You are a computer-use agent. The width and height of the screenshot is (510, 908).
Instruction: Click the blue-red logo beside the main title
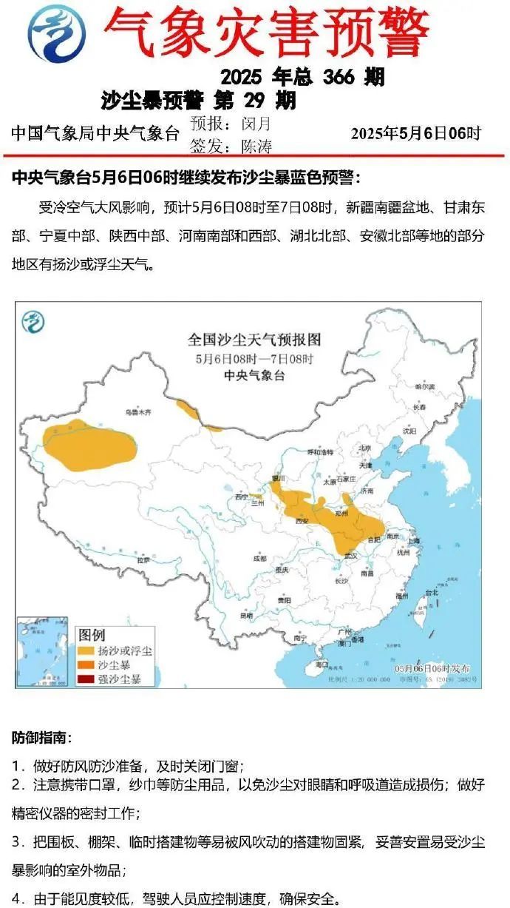pyautogui.click(x=56, y=33)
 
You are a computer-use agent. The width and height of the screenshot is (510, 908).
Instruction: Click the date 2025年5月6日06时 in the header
pyautogui.click(x=416, y=133)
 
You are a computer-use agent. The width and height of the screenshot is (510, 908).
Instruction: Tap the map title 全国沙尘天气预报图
pyautogui.click(x=254, y=340)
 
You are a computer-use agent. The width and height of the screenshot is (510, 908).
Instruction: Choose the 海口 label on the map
pyautogui.click(x=321, y=665)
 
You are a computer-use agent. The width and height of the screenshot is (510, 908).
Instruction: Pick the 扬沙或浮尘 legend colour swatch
pyautogui.click(x=86, y=651)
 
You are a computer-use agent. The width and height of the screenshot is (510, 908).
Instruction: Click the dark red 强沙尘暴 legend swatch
pyautogui.click(x=86, y=679)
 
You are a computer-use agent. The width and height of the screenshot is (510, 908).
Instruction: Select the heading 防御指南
pyautogui.click(x=41, y=738)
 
